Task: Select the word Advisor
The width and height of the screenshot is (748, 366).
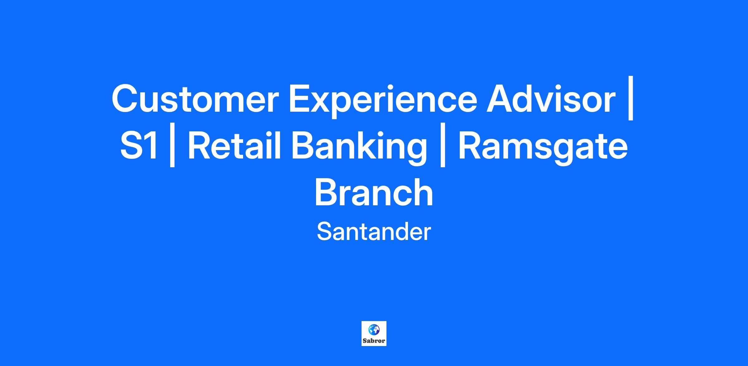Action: (551, 99)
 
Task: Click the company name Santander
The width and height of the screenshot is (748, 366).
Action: (374, 232)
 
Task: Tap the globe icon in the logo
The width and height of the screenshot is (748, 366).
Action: (374, 329)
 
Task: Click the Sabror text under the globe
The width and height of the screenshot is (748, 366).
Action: (374, 340)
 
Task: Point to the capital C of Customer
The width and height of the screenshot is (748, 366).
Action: (125, 99)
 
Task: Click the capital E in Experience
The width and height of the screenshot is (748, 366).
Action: (300, 99)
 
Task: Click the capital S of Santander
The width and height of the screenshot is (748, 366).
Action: (324, 232)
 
